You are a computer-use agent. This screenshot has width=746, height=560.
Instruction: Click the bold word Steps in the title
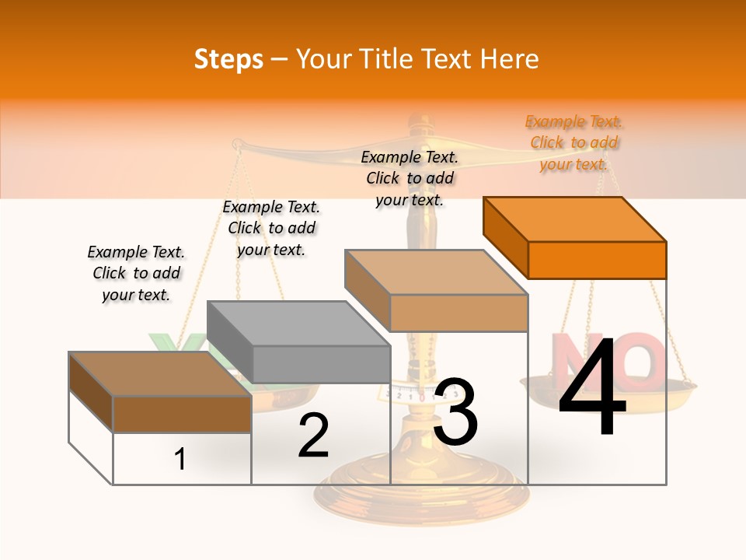[x=228, y=59]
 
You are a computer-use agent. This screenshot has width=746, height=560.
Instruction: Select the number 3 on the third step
[x=455, y=412]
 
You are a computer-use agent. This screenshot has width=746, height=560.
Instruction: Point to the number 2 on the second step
[x=313, y=436]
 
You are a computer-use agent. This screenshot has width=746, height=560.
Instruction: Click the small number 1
[x=180, y=459]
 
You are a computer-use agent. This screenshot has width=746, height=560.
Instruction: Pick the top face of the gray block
[x=298, y=324]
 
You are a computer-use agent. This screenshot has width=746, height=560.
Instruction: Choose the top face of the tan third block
[x=436, y=272]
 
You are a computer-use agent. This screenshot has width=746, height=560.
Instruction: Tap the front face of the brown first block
[x=182, y=414]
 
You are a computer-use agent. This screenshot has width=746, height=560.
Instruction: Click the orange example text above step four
[x=574, y=143]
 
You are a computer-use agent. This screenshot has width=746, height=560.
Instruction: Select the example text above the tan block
[x=410, y=178]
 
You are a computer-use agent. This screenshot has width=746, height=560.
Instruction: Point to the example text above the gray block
[x=271, y=228]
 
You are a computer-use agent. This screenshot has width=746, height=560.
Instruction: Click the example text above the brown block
[x=136, y=273]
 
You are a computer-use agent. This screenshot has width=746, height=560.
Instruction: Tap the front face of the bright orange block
[x=597, y=260]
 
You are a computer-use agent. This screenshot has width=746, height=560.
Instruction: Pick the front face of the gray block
[x=322, y=364]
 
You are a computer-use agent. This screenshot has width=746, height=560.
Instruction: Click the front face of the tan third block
[x=458, y=313]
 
